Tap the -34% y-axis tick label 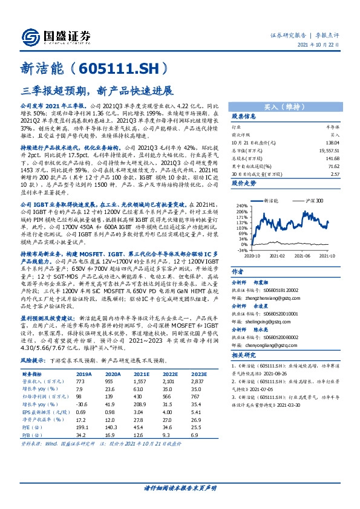[x=242, y=249]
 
